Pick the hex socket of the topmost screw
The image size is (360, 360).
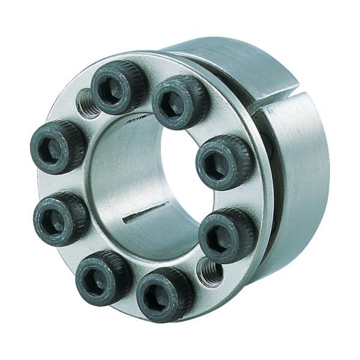(x=112, y=90)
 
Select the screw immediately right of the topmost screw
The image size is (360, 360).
(x=180, y=101)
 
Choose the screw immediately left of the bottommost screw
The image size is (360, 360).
(x=103, y=278)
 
